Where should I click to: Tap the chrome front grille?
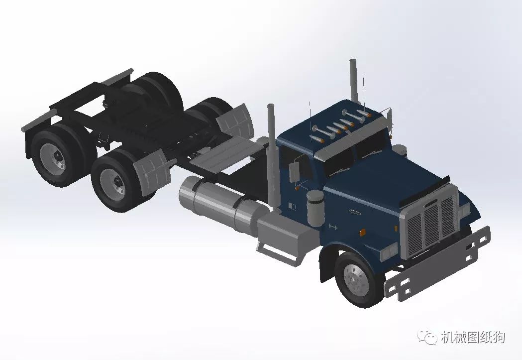coord(430,222)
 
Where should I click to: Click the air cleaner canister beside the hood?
coord(315,208)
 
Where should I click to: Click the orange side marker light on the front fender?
coord(363,232)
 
